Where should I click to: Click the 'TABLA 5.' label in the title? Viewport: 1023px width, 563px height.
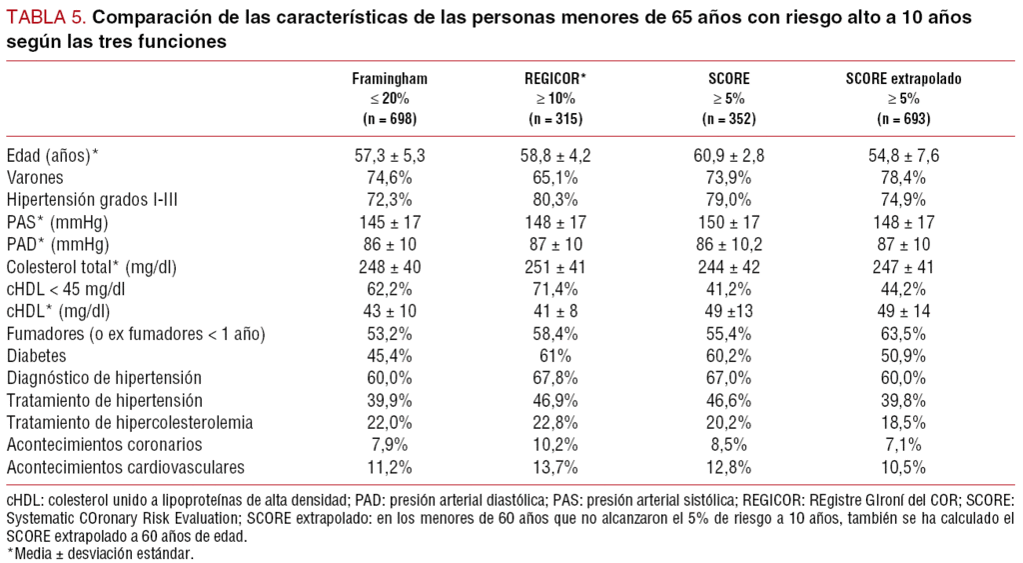point(43,17)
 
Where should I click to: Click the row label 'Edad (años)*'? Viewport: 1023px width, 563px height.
point(53,155)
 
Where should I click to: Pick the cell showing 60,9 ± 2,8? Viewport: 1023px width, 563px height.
point(729,155)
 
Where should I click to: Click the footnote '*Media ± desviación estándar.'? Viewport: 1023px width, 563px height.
point(99,552)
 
